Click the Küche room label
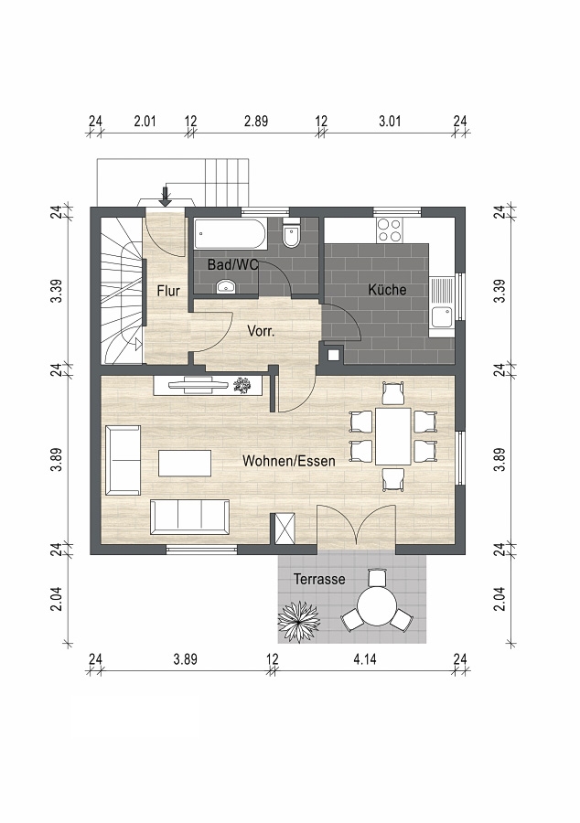(x=387, y=290)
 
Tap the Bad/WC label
(x=232, y=264)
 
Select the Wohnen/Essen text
(x=289, y=461)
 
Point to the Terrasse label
(x=319, y=579)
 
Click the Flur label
(x=168, y=291)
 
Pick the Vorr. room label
(x=261, y=331)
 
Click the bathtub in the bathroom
(x=230, y=234)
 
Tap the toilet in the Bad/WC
(x=290, y=235)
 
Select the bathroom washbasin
(x=226, y=286)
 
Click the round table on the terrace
(x=376, y=606)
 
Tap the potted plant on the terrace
(x=298, y=622)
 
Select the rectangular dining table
(x=392, y=436)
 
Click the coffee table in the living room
(x=185, y=463)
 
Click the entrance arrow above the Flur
(x=166, y=196)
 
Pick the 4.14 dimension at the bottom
(x=364, y=658)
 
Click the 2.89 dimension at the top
(x=256, y=122)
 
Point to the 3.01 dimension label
(x=390, y=122)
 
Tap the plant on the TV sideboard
(x=242, y=385)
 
